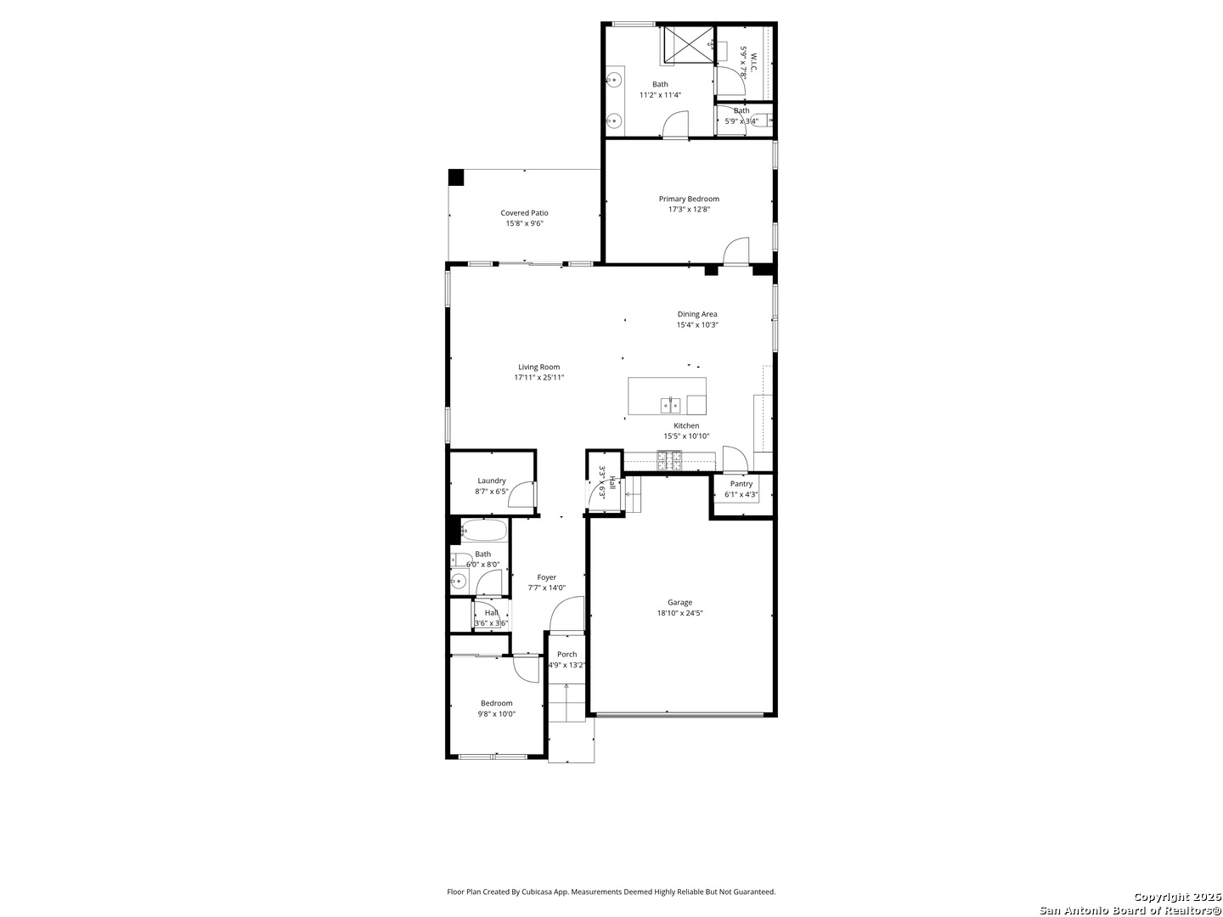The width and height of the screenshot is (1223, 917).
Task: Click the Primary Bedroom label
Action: coord(689,199)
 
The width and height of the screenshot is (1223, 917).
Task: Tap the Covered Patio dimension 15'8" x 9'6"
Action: coord(524,224)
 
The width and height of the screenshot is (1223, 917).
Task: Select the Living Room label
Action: coord(539,367)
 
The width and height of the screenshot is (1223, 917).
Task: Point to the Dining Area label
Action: coord(697,314)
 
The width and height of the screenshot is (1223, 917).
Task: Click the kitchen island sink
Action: coord(671,404)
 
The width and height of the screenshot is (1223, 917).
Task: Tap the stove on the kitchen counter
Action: coord(669,460)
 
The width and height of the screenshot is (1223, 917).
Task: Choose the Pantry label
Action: coord(741,484)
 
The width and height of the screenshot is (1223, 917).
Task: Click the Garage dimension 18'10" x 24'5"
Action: coord(679,613)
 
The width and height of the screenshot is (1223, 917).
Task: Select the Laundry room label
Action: coord(492,481)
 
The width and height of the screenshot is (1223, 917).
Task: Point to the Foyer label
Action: coord(547,577)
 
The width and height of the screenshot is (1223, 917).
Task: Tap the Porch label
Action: coord(567,654)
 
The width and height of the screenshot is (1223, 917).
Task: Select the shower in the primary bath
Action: coord(687,46)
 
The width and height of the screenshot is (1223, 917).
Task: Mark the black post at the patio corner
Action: coord(456,177)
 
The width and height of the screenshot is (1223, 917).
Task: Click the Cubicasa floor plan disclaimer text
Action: coord(611,892)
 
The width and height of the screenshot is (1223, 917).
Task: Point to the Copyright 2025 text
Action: coord(1177,897)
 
